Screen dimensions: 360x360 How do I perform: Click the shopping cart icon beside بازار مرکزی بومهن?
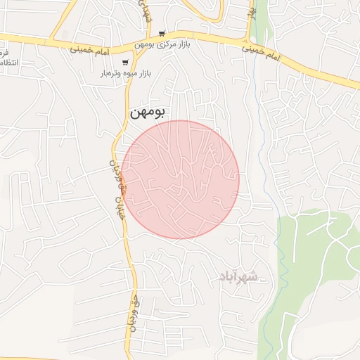[x=162, y=33]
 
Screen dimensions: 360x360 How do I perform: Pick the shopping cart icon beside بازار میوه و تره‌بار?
[x=125, y=63]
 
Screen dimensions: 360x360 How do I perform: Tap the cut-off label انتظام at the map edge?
[x=4, y=63]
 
